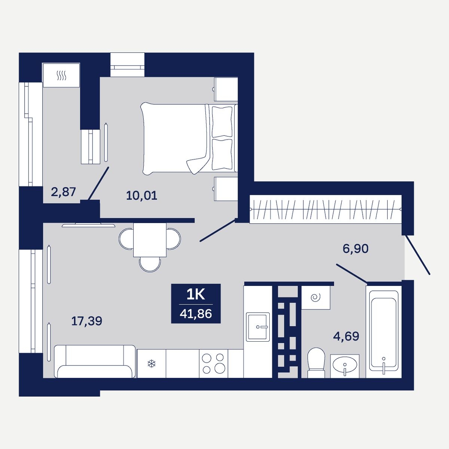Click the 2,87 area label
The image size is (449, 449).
coord(63,192)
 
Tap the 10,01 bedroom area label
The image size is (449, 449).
coord(142,195)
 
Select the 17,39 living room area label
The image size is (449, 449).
coord(87,321)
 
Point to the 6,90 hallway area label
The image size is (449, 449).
coord(355,248)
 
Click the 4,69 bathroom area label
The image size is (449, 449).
coord(346,336)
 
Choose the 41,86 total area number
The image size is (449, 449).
coord(196,314)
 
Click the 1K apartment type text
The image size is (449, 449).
coord(196,295)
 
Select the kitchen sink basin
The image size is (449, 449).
coord(258,327)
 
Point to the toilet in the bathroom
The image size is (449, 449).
coord(316,362)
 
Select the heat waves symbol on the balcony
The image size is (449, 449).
coord(62,75)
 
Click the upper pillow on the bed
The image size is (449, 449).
coord(222,122)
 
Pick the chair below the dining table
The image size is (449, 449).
coord(150,264)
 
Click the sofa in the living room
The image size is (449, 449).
coord(95,361)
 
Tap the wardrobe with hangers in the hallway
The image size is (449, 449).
coord(326,209)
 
